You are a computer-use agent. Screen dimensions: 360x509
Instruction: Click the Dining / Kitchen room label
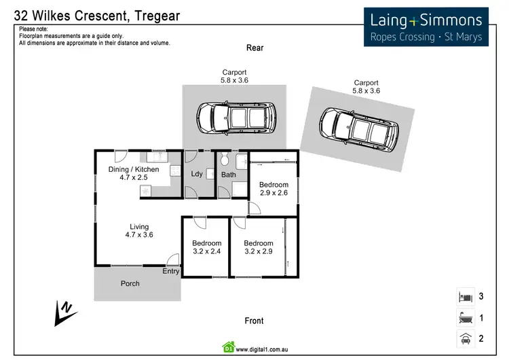click(x=134, y=173)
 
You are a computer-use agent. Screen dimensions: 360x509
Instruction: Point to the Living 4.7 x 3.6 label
click(x=139, y=231)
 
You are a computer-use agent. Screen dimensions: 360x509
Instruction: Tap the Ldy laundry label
click(x=197, y=174)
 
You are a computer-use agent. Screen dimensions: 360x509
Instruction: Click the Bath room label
click(x=229, y=175)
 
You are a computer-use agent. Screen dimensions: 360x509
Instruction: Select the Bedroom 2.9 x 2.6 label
click(x=274, y=188)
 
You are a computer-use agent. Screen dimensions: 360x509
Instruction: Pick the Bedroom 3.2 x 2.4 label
click(x=206, y=247)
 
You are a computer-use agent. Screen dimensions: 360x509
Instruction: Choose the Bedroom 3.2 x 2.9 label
click(x=259, y=247)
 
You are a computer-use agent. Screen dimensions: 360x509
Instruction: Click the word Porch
click(x=130, y=283)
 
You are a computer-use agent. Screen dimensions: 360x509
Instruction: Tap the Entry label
click(x=171, y=271)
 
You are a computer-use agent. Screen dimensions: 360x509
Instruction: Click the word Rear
click(x=254, y=48)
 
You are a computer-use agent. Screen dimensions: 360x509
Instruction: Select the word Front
click(x=254, y=321)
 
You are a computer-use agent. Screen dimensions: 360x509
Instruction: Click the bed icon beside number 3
click(x=466, y=297)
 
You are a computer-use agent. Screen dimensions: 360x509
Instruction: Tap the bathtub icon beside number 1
click(x=466, y=318)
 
